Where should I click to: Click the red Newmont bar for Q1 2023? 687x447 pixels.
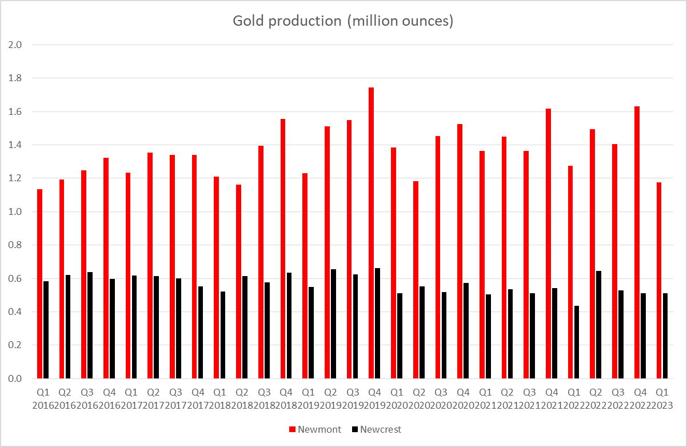[x=659, y=280]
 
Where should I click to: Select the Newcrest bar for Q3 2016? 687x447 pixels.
[x=90, y=325]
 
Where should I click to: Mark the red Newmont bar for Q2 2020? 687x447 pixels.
[x=416, y=280]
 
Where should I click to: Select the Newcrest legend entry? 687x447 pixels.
[x=377, y=429]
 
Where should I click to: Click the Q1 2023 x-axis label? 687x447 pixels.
[x=662, y=399]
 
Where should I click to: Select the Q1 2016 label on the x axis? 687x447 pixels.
[x=42, y=399]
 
